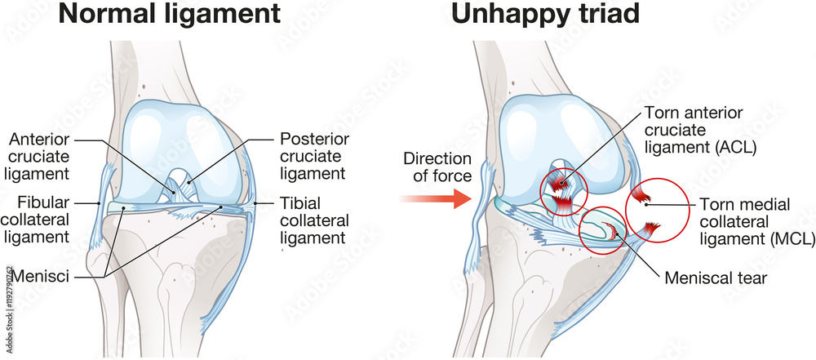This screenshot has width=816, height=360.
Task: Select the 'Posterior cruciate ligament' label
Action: [313, 156]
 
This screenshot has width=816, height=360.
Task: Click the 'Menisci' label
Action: [48, 277]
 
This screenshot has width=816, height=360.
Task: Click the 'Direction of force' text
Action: [437, 167]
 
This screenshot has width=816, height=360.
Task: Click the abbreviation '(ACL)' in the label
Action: [733, 148]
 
